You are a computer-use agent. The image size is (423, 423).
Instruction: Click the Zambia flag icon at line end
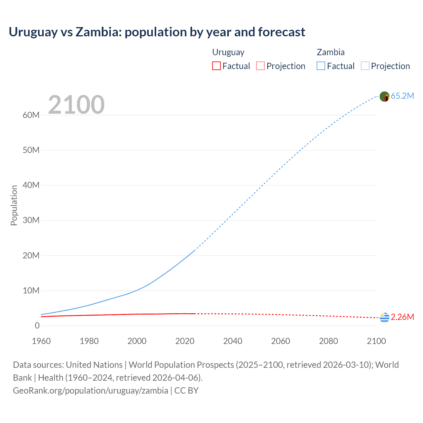384,96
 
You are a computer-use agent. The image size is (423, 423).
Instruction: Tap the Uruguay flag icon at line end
384,318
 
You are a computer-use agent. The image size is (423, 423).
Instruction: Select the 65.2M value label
402,96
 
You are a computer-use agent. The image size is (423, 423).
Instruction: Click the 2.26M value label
402,317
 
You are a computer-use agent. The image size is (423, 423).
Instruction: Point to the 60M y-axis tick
31,115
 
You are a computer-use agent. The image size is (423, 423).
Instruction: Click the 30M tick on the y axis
31,220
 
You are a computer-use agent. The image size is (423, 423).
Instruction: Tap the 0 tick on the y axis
37,326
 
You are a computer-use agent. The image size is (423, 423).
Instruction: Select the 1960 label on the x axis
41,341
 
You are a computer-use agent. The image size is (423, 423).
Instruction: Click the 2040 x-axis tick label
233,341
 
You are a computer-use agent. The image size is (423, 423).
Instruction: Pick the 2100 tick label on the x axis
376,341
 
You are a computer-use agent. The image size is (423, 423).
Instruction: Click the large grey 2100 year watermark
76,105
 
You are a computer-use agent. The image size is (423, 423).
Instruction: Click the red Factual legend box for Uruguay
216,66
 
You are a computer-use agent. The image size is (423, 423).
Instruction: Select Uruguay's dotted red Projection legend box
260,66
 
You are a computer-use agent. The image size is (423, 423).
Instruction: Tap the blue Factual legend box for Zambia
321,66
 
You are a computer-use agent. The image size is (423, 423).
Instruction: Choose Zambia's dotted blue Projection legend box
365,66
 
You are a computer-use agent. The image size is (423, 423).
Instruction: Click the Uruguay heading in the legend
228,52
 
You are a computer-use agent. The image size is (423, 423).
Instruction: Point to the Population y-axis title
14,205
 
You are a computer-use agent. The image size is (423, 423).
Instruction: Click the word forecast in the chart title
282,32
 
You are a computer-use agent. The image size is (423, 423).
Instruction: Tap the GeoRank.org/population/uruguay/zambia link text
91,390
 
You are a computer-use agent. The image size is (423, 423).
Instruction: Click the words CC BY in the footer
186,390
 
